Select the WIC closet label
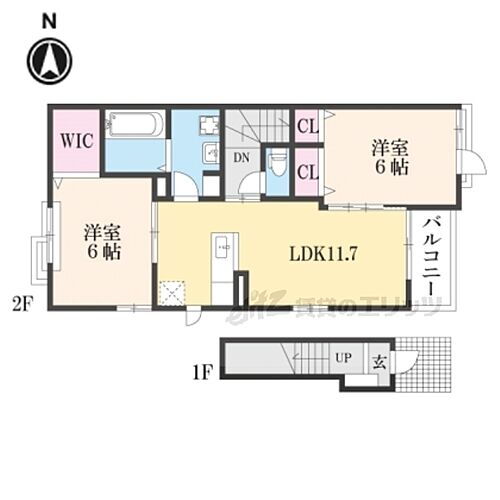point(76,140)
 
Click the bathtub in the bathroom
point(136,125)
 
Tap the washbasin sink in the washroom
point(212,153)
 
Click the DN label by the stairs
point(241,158)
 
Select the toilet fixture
point(277,162)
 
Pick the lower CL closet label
point(307,172)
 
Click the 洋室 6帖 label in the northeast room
point(391,158)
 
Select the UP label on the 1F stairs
point(343,357)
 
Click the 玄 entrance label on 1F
point(381,361)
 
